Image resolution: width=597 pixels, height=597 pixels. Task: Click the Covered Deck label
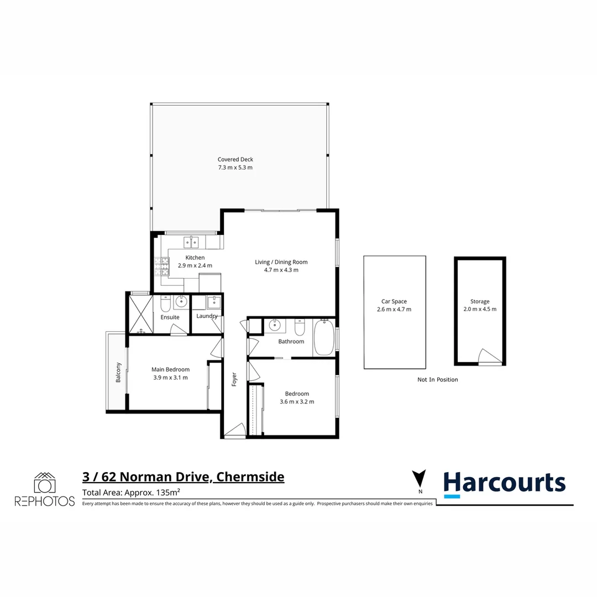[235, 159]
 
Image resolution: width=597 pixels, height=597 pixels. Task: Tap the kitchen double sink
[191, 242]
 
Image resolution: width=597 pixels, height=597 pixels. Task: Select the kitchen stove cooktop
[163, 267]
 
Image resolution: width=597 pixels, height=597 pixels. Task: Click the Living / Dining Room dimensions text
[281, 270]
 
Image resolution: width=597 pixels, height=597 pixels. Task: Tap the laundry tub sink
[213, 302]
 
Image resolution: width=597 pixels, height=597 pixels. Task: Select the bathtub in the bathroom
[324, 337]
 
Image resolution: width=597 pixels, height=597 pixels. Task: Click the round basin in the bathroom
[274, 326]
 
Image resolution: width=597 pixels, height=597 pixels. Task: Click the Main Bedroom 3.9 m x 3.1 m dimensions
[170, 378]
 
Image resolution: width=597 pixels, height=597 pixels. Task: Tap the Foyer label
[234, 379]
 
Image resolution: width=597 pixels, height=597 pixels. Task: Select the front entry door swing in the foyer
[235, 430]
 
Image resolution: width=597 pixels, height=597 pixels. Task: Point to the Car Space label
[394, 301]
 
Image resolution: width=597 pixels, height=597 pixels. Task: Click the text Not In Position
[437, 380]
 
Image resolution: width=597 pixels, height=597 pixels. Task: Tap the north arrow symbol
[420, 479]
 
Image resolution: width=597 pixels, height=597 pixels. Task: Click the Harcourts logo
[504, 483]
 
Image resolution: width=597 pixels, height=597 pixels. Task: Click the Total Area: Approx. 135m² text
[132, 493]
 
